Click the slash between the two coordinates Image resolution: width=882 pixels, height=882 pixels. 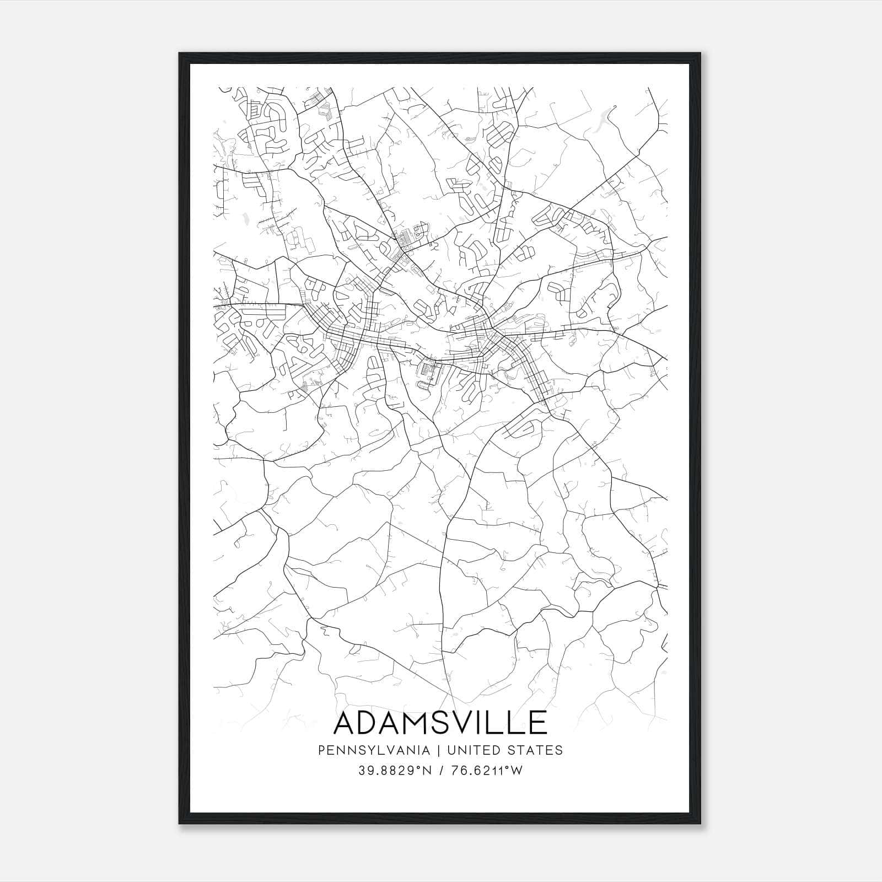point(441,771)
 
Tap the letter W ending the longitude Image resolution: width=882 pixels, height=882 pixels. point(516,771)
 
